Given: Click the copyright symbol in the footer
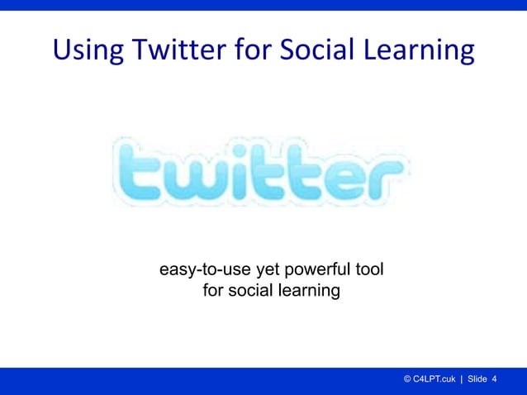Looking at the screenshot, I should coord(407,379).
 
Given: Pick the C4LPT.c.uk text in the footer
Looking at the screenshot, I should coord(434,379).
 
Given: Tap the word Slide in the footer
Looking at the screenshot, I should coord(477,379).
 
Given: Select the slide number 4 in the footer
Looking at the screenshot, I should coord(494,379).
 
